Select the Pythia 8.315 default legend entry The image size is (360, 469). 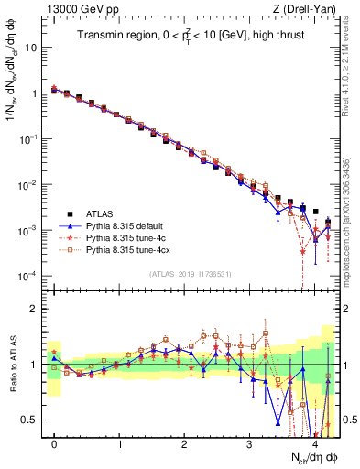tap(125, 222)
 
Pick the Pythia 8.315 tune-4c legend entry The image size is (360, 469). tap(125, 235)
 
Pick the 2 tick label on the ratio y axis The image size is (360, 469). tap(35, 309)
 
